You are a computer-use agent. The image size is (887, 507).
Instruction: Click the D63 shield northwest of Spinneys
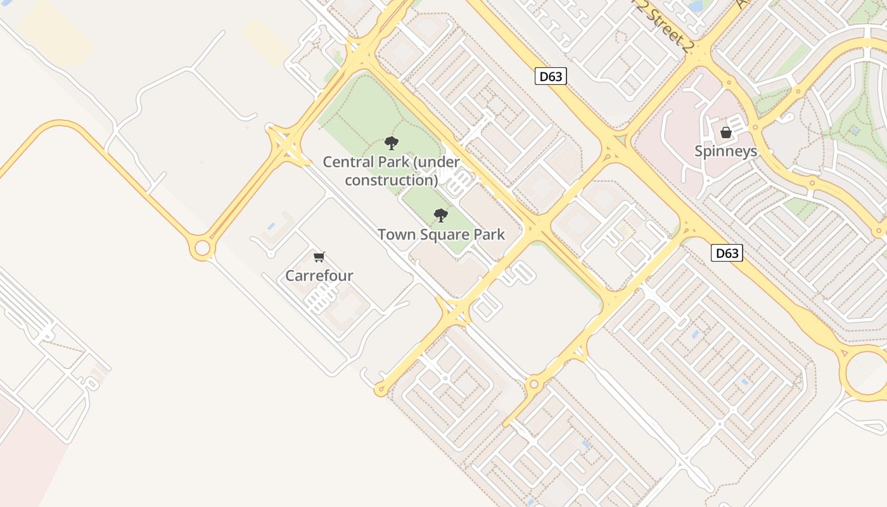tap(550, 77)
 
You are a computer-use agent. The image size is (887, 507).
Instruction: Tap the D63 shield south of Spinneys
tap(726, 253)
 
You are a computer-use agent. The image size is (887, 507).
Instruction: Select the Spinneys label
tap(725, 151)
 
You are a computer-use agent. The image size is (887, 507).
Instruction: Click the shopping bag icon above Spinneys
tap(725, 132)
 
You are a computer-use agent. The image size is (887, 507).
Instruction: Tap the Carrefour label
tap(319, 276)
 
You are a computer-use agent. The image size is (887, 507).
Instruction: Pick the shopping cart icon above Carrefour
tap(319, 257)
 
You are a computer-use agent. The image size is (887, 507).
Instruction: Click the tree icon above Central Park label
tap(392, 143)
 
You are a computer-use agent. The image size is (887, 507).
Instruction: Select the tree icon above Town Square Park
tap(441, 215)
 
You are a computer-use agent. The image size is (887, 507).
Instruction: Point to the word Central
tap(346, 162)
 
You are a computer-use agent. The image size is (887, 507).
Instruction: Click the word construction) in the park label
tap(392, 180)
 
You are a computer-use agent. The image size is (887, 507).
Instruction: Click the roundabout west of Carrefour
tap(202, 248)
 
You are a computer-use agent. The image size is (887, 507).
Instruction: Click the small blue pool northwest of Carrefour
tap(271, 226)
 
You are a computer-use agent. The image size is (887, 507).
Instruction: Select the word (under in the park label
tap(436, 162)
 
